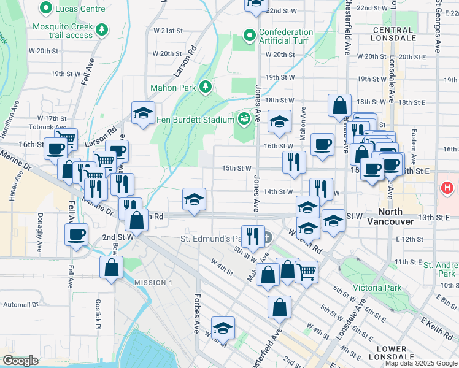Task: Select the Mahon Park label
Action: click(180, 88)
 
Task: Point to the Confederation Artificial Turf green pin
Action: click(249, 37)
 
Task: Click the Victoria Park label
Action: click(381, 288)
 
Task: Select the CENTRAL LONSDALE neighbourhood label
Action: click(392, 34)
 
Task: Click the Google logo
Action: click(20, 361)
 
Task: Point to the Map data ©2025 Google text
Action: click(421, 363)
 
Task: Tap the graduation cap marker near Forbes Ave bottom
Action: click(223, 328)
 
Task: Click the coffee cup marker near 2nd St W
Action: click(76, 234)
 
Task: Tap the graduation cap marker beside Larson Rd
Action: click(143, 112)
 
